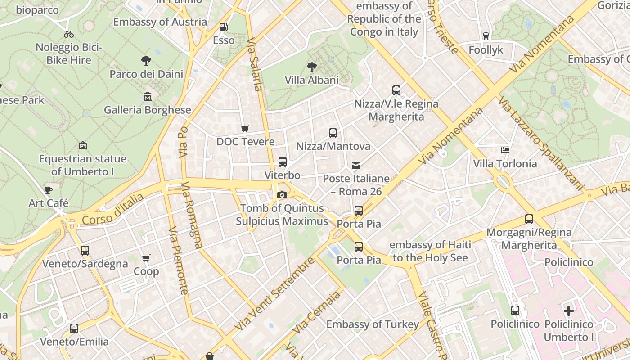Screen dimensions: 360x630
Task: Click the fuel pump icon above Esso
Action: (x=223, y=27)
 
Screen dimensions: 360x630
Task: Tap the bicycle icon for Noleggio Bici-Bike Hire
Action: (x=69, y=34)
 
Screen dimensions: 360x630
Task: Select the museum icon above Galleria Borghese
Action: (x=147, y=96)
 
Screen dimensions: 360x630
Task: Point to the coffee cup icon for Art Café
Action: (x=49, y=190)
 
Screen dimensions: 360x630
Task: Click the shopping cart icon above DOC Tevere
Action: (x=245, y=129)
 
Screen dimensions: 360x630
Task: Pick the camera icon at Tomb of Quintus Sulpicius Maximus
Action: (x=282, y=195)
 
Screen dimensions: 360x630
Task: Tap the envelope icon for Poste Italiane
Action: (x=356, y=166)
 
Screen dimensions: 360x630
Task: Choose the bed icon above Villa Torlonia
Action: (x=505, y=150)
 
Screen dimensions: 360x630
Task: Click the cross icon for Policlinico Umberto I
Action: (x=569, y=310)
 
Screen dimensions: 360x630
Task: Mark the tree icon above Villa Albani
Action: (x=311, y=67)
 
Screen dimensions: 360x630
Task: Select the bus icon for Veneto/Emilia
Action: (x=74, y=328)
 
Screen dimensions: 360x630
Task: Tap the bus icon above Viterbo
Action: (x=282, y=162)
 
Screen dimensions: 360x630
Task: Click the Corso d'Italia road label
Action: (x=113, y=209)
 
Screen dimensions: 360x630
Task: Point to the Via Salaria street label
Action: (x=254, y=64)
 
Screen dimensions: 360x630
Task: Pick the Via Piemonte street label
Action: (x=179, y=261)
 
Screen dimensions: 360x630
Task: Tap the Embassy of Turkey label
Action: (x=373, y=324)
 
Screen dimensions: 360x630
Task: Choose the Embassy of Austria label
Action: (x=160, y=22)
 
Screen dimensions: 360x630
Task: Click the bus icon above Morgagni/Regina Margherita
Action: (x=529, y=219)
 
